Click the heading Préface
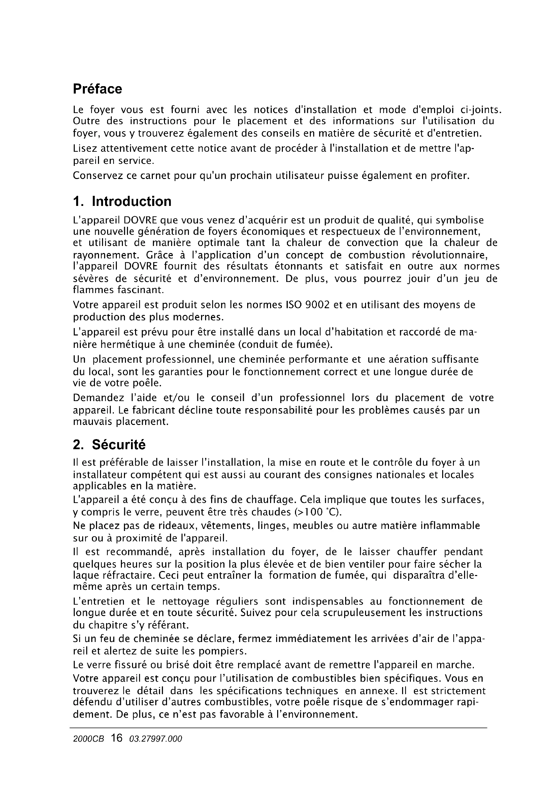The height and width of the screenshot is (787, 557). click(97, 89)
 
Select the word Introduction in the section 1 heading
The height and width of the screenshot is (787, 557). click(131, 202)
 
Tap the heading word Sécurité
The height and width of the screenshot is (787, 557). click(119, 445)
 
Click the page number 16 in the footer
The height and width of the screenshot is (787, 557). click(117, 738)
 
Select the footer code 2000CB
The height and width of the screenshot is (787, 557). click(89, 739)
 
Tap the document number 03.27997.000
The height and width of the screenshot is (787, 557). click(155, 739)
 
